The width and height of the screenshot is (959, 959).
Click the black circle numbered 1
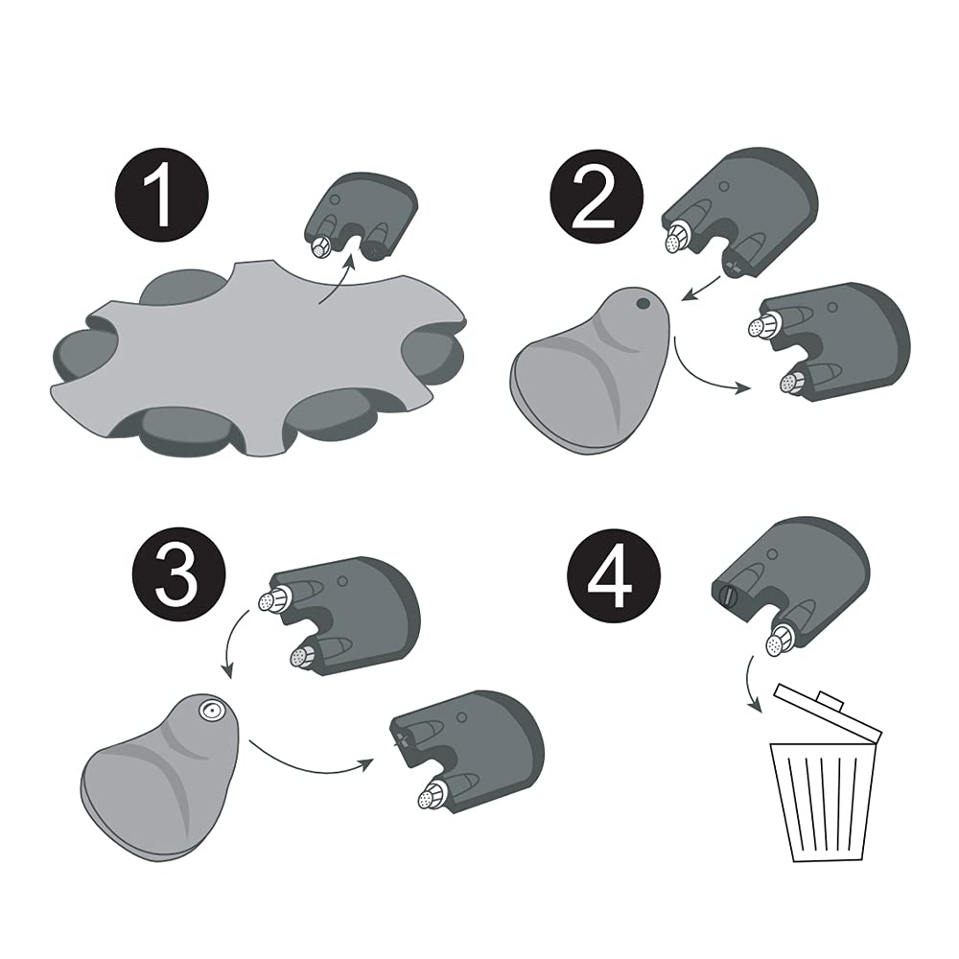pyautogui.click(x=162, y=195)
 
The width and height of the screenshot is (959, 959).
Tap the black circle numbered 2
pyautogui.click(x=596, y=196)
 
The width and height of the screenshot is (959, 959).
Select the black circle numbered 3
pyautogui.click(x=178, y=574)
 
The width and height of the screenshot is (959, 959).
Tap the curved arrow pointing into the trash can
pyautogui.click(x=751, y=684)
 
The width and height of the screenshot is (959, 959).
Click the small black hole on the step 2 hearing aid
pyautogui.click(x=643, y=303)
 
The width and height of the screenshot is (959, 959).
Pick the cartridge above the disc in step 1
pyautogui.click(x=361, y=216)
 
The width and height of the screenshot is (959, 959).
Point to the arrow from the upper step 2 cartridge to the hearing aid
pyautogui.click(x=701, y=289)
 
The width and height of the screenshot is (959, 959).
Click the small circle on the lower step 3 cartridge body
pyautogui.click(x=462, y=717)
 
